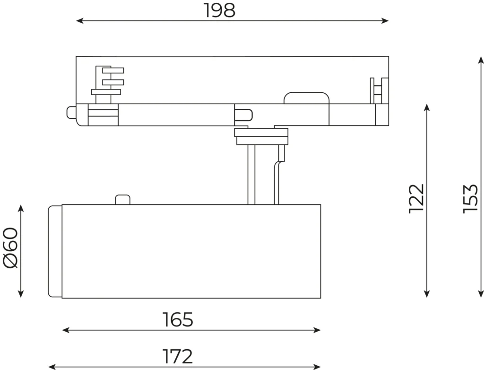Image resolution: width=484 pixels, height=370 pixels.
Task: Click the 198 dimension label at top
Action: [x=219, y=10]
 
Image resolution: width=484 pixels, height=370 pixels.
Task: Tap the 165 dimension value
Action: [x=178, y=320]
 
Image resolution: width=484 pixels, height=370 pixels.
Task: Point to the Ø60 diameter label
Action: [x=11, y=247]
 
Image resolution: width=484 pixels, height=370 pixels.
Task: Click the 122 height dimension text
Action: [x=417, y=199]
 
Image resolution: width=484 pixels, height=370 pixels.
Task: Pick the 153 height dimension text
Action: [x=471, y=199]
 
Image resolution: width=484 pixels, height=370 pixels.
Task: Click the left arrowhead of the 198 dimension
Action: [x=79, y=21]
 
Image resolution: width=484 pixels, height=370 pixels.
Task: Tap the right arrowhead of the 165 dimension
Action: [x=317, y=330]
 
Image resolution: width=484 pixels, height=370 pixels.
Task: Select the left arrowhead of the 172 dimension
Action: [x=52, y=367]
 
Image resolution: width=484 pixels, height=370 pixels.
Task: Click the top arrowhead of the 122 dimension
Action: [x=427, y=107]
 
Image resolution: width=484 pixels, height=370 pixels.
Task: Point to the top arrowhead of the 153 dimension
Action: [x=481, y=60]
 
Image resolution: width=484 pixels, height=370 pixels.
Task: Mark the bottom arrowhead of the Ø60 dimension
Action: [x=21, y=294]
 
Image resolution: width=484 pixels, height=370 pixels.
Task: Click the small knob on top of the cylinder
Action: [x=122, y=200]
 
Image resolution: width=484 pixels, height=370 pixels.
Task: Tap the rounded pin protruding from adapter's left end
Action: [x=71, y=112]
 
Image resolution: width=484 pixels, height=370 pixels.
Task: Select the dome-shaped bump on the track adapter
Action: [x=306, y=97]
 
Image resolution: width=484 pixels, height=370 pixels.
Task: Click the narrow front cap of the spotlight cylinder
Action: [x=55, y=251]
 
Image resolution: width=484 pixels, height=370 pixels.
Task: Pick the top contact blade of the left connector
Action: [x=113, y=70]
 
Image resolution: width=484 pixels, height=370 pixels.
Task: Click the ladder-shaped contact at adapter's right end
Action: [x=379, y=90]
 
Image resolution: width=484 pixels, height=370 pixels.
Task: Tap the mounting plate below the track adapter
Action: [x=261, y=136]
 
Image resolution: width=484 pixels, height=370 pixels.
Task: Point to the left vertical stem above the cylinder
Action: [x=251, y=175]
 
